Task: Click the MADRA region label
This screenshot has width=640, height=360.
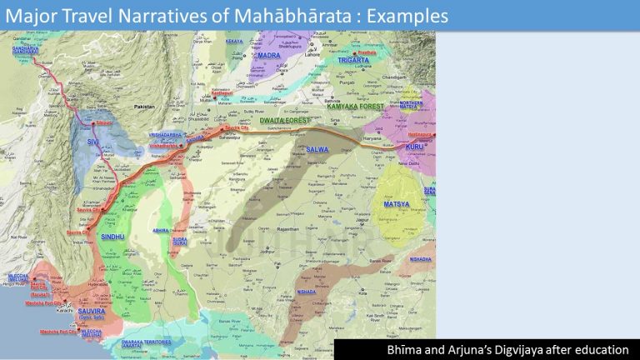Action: point(269,55)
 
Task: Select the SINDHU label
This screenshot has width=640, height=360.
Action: point(113,237)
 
